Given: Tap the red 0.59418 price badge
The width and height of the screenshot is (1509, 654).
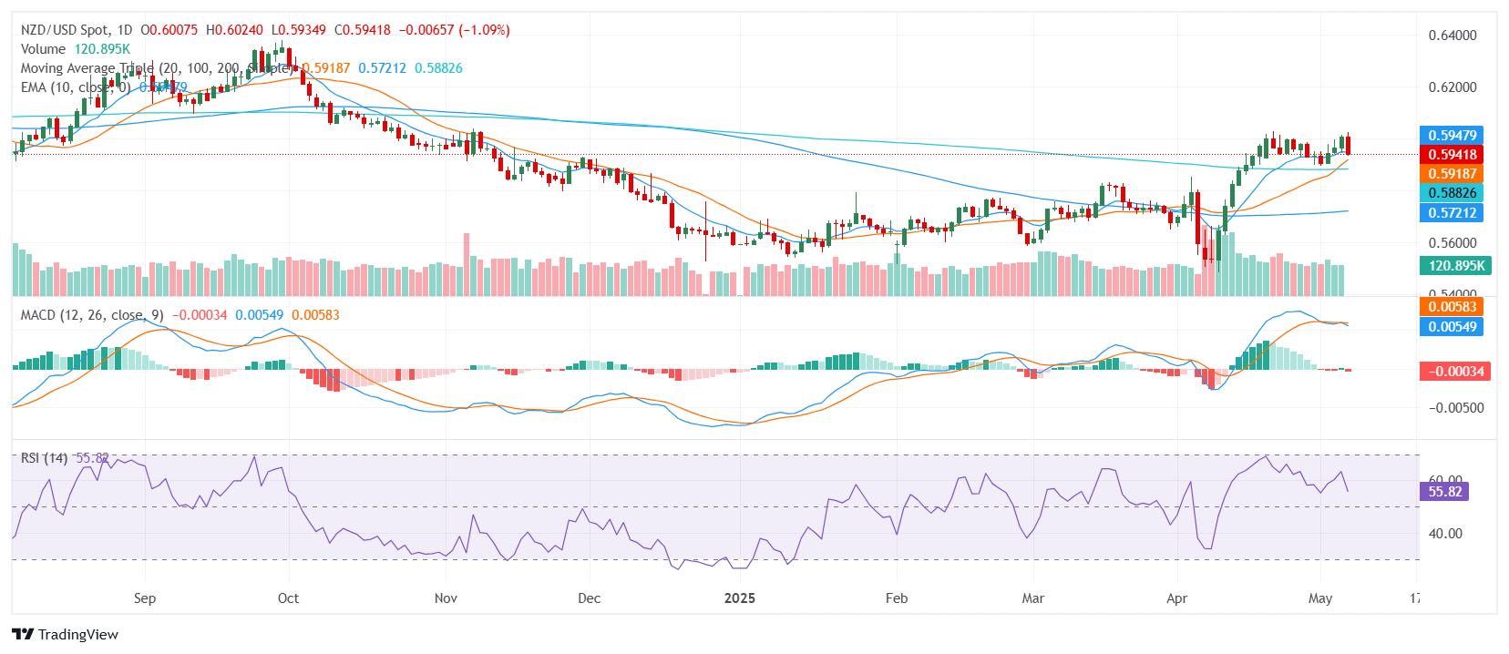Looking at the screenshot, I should (1452, 155).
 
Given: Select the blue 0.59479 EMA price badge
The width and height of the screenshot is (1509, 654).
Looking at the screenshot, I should (1452, 136).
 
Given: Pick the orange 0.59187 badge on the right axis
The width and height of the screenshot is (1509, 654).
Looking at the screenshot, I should (1452, 174).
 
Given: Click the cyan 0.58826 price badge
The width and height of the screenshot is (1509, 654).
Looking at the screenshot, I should (1452, 193).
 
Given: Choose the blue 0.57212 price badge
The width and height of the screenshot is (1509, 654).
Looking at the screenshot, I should (1452, 213).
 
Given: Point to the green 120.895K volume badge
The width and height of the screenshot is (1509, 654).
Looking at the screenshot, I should (1455, 266).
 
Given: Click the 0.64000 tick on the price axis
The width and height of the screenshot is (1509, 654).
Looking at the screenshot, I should (1452, 36).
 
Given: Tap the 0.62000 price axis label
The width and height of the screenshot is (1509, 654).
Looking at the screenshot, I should (1452, 87).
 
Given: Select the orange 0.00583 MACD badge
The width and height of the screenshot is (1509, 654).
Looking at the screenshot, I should (1452, 307).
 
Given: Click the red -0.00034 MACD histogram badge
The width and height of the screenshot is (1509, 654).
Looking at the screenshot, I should (1455, 372).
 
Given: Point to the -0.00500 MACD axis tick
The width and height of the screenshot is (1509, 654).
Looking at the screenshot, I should (1455, 408).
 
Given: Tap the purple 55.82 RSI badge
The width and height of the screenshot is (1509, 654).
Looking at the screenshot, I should (1444, 492).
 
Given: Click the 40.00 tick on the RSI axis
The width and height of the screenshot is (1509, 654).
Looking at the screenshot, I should (1444, 534).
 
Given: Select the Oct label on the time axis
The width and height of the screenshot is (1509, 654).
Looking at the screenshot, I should (288, 598).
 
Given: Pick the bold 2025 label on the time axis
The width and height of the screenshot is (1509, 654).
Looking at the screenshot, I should (739, 598).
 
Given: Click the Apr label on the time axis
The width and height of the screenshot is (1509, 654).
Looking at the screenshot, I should (1176, 598).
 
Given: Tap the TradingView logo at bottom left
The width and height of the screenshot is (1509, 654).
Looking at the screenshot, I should (65, 635).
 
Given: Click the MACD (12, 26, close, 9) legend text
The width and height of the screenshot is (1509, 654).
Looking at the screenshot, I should (92, 315).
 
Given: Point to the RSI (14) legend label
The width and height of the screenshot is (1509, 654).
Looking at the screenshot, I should (44, 458).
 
